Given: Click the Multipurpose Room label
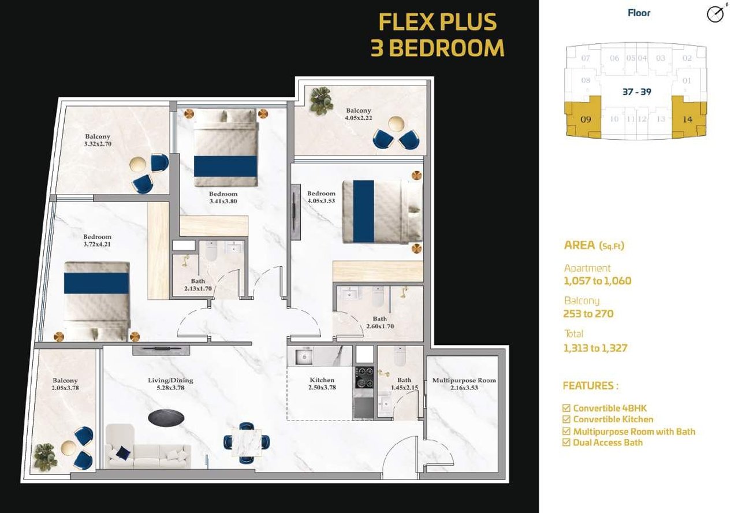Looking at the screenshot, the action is [464, 380].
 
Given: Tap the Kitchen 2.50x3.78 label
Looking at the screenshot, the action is [322, 384].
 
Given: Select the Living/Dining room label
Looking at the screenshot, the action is [170, 380].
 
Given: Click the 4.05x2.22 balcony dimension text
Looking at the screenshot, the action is [359, 118].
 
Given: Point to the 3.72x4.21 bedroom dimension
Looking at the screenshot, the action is [97, 244].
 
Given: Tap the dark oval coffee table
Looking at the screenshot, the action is [166, 418].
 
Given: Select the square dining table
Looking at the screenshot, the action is [247, 443].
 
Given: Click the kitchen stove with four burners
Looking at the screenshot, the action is [364, 377].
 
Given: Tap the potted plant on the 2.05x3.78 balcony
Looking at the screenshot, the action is [46, 456].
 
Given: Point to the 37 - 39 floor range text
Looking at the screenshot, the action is [637, 92].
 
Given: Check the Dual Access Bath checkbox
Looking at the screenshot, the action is [566, 443].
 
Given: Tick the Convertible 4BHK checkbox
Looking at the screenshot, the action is [566, 408].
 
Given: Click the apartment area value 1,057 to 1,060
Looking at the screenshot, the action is [597, 281].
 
